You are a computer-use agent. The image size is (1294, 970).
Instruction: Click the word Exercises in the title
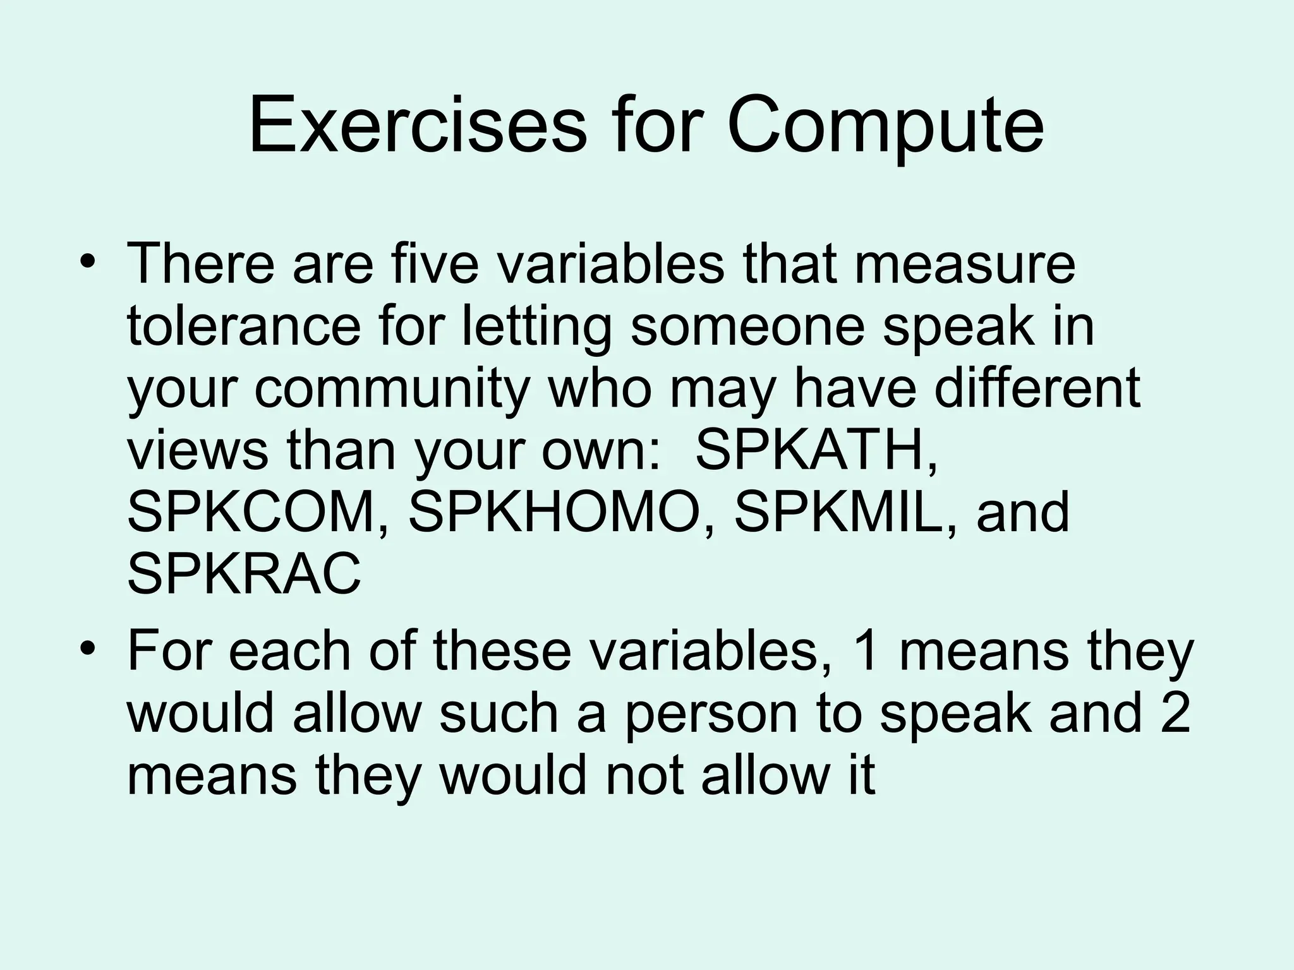pyautogui.click(x=418, y=126)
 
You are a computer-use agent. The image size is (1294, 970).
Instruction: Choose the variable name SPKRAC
pyautogui.click(x=244, y=574)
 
